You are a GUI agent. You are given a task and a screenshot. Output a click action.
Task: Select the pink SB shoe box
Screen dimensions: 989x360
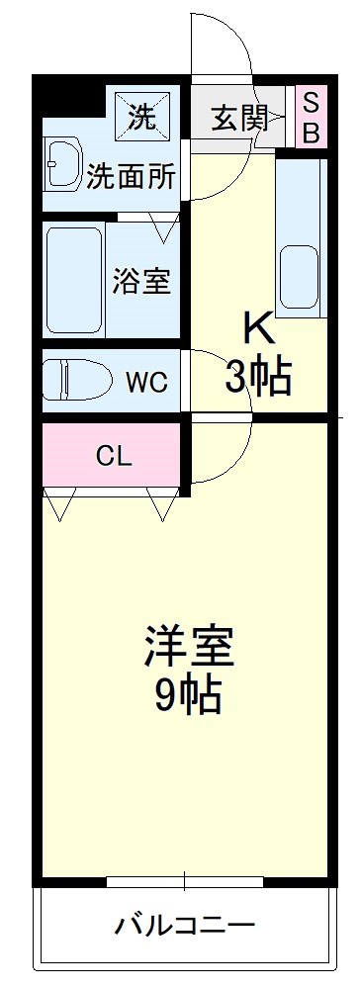point(311,117)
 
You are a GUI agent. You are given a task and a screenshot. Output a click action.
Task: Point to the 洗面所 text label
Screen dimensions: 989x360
point(131,177)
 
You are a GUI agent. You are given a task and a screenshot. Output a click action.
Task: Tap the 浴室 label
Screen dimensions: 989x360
point(140,281)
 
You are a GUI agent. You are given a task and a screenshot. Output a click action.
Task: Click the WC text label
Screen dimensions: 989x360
point(145,381)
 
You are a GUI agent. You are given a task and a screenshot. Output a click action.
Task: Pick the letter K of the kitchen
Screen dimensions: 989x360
point(257,326)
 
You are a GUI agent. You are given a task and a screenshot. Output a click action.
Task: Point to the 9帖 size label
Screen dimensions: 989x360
point(188,697)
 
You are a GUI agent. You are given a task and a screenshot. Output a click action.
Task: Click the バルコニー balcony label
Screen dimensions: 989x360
point(185,927)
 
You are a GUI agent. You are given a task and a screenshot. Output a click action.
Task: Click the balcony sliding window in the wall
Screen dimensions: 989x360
point(185,879)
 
